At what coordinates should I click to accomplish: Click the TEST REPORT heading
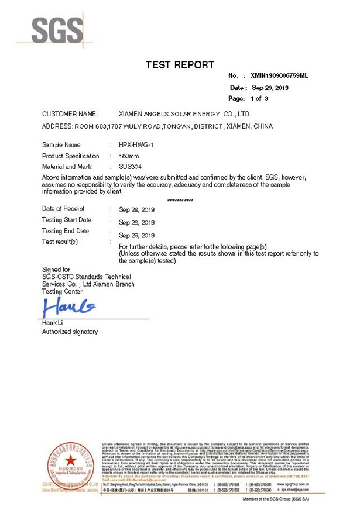(x=179, y=65)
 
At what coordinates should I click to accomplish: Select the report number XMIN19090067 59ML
(x=278, y=76)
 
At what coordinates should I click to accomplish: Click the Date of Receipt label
(x=63, y=209)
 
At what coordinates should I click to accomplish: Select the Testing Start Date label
(x=67, y=220)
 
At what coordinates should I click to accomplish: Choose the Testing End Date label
(x=66, y=231)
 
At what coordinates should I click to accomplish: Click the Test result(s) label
(x=60, y=242)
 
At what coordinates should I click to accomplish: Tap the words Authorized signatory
(x=70, y=332)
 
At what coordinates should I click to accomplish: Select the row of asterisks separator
(x=180, y=200)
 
